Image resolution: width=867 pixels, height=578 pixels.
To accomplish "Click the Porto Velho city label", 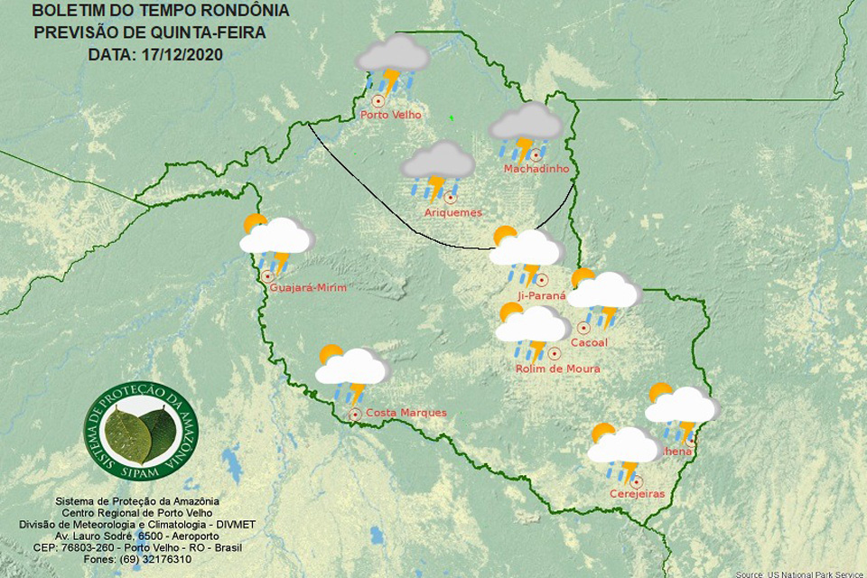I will coord(391,116).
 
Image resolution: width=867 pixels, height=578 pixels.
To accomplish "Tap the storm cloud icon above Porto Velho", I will coord(392,63).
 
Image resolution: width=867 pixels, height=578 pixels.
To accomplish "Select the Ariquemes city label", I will coord(452,213).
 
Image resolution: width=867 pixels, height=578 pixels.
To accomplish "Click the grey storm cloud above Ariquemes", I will coord(438,168).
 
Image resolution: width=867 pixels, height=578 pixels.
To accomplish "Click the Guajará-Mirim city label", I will coord(308,288).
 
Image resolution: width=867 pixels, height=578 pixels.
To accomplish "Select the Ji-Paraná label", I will coord(542,295).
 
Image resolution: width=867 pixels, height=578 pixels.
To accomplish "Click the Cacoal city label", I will coord(590,342).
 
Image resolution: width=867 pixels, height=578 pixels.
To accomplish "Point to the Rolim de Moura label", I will coord(557,368).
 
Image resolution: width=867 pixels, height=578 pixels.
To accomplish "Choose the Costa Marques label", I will coord(406,413).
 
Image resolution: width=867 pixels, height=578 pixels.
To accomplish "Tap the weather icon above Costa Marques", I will coord(351,371).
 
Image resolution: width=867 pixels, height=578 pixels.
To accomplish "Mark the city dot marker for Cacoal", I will coord(584,328).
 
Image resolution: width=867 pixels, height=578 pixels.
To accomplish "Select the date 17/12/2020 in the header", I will coord(181,54).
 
